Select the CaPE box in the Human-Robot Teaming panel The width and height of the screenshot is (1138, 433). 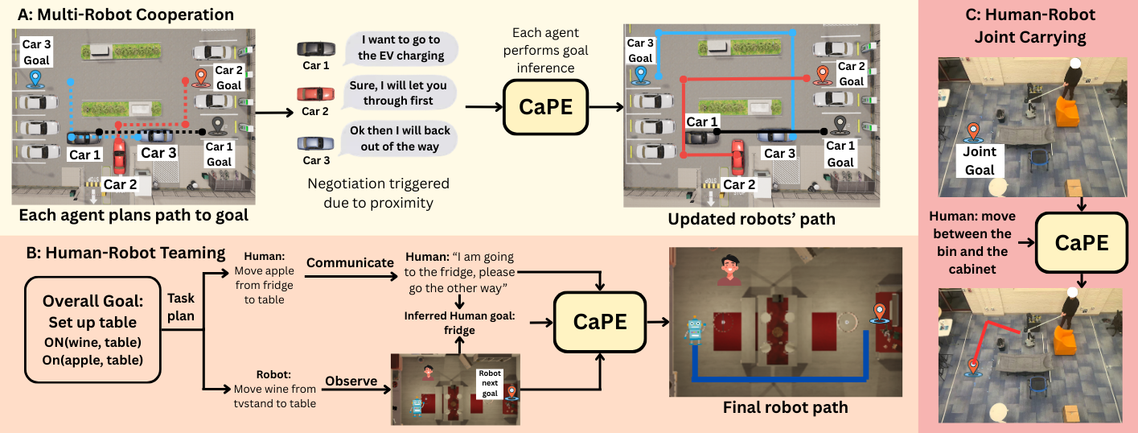click(x=599, y=320)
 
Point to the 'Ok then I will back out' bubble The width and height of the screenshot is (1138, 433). click(x=400, y=138)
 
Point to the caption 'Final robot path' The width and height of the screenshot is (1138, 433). click(x=783, y=407)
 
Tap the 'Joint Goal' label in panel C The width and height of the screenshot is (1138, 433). click(x=979, y=160)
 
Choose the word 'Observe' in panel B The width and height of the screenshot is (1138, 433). click(x=351, y=381)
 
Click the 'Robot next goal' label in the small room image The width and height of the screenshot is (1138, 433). click(x=489, y=384)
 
